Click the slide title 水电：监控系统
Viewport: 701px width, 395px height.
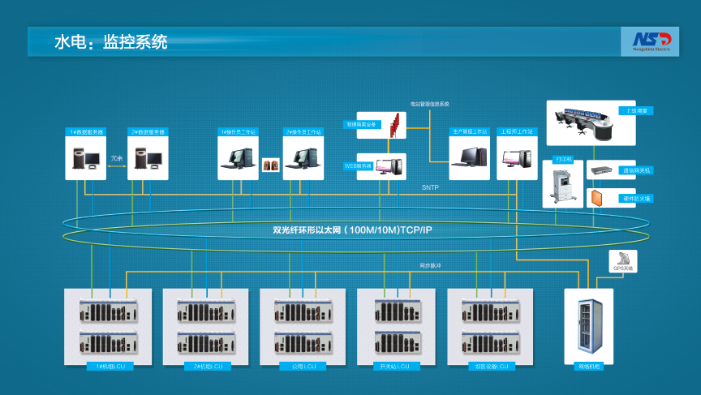coord(111,42)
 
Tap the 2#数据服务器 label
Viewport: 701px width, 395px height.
coord(148,131)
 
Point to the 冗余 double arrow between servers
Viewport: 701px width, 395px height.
coord(117,158)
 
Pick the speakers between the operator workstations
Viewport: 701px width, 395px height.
coord(270,165)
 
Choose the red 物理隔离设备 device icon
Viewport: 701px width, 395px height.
coord(395,125)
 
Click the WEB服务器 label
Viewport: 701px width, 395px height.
coord(358,165)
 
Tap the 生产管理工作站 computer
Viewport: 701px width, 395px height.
coord(471,157)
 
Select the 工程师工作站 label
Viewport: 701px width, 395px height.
coord(517,131)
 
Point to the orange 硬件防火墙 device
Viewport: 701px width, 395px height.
coord(599,197)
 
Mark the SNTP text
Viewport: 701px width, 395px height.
coord(430,187)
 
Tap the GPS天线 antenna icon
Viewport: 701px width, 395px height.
coord(622,258)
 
